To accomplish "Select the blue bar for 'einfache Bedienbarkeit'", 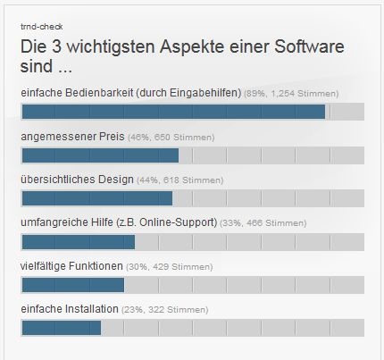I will point(173,112).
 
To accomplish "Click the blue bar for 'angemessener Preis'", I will point(100,155).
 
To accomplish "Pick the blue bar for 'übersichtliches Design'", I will point(96,198).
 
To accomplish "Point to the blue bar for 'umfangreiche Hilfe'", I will point(78,242).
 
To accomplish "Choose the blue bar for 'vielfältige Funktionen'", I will point(72,285).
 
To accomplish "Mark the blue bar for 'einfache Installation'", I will point(61,328).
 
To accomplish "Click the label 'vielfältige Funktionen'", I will point(72,266).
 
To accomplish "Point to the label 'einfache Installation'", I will point(70,309).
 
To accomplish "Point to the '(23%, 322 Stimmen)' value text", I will point(168,310).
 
